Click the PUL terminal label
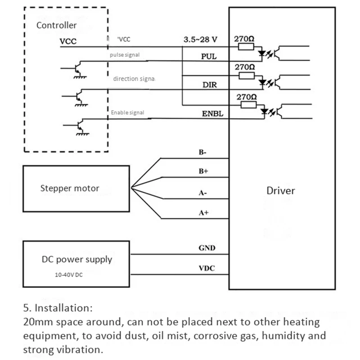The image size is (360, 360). pyautogui.click(x=209, y=57)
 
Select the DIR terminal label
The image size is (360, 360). pyautogui.click(x=209, y=85)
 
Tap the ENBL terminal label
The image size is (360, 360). pyautogui.click(x=212, y=114)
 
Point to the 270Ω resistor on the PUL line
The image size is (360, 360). pyautogui.click(x=246, y=47)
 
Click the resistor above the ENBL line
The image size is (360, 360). pyautogui.click(x=248, y=105)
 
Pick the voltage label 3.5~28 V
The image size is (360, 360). pyautogui.click(x=200, y=40)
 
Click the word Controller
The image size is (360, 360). pyautogui.click(x=57, y=25)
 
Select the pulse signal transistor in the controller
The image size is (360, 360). pyautogui.click(x=77, y=69)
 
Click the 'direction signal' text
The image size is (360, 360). pyautogui.click(x=134, y=79)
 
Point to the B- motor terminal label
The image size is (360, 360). pyautogui.click(x=202, y=152)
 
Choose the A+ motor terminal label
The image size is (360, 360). pyautogui.click(x=204, y=212)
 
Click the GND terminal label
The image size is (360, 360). pyautogui.click(x=207, y=248)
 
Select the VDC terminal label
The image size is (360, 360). pyautogui.click(x=207, y=268)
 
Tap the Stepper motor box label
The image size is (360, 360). pyautogui.click(x=70, y=188)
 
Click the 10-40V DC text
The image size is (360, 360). pyautogui.click(x=69, y=275)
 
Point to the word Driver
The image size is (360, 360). pyautogui.click(x=280, y=191)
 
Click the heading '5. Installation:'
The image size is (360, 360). pyautogui.click(x=58, y=308)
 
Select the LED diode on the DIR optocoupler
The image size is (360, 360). pyautogui.click(x=262, y=82)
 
